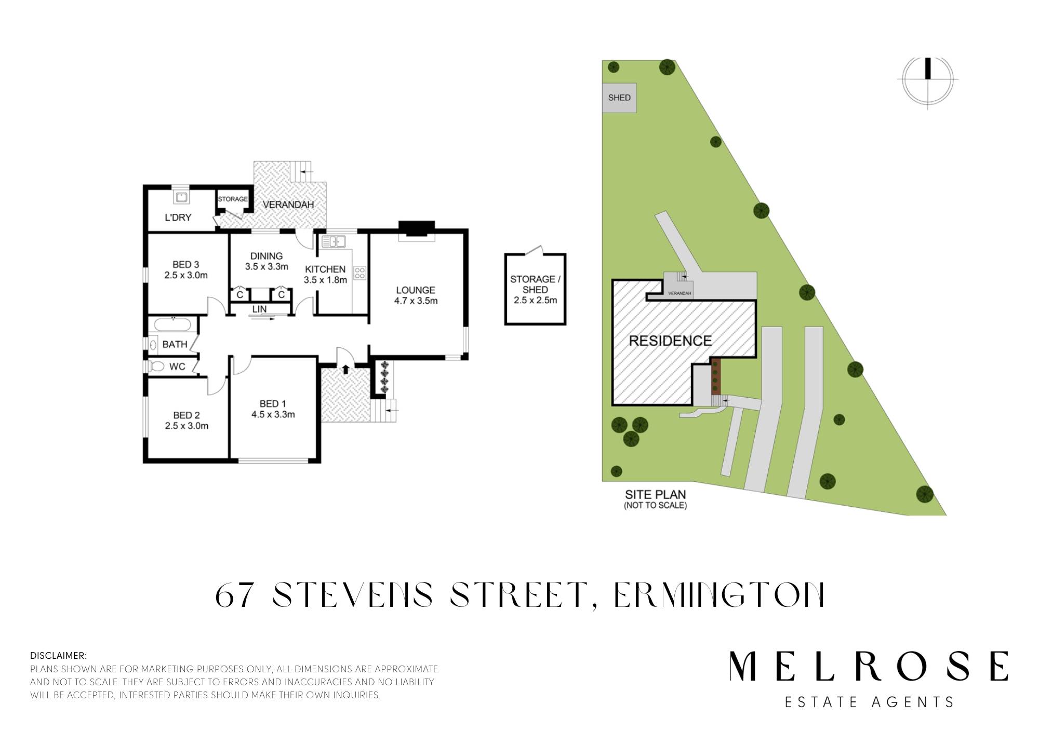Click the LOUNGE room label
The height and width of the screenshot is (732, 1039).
pyautogui.click(x=416, y=290)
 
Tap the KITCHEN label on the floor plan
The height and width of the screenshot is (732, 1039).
pyautogui.click(x=325, y=269)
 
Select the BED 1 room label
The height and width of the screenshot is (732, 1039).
pyautogui.click(x=273, y=404)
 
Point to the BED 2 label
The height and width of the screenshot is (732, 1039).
pyautogui.click(x=187, y=415)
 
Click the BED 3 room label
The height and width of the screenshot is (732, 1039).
pyautogui.click(x=186, y=265)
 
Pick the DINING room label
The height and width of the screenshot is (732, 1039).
pyautogui.click(x=267, y=256)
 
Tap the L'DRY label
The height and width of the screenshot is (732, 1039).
pyautogui.click(x=178, y=218)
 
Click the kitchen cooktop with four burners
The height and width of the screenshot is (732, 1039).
pyautogui.click(x=359, y=273)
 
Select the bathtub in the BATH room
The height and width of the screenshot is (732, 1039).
pyautogui.click(x=173, y=325)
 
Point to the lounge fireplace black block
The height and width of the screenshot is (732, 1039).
pyautogui.click(x=416, y=229)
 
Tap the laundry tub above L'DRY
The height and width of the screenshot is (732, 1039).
pyautogui.click(x=181, y=197)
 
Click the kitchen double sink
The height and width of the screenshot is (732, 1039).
pyautogui.click(x=333, y=241)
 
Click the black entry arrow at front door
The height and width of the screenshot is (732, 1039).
pyautogui.click(x=345, y=369)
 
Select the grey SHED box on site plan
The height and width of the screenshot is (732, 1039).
pyautogui.click(x=619, y=98)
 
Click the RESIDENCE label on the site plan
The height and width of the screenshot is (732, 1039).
pyautogui.click(x=670, y=341)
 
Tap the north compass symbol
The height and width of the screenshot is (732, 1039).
pyautogui.click(x=928, y=80)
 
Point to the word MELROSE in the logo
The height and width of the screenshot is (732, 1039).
pyautogui.click(x=869, y=666)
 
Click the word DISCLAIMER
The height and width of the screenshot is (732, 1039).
pyautogui.click(x=59, y=656)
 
